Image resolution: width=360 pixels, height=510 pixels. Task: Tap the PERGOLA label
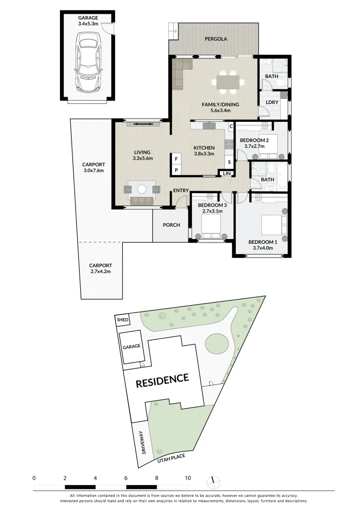coord(214,39)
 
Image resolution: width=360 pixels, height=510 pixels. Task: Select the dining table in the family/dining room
coord(228,81)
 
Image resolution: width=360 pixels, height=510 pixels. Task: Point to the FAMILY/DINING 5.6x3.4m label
coord(220,108)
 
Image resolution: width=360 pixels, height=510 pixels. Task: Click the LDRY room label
coord(272,102)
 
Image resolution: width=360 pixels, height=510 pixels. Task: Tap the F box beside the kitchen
coord(176,159)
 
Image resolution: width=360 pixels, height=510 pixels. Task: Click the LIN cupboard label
coord(227,174)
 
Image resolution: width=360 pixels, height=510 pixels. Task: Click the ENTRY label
coord(181,191)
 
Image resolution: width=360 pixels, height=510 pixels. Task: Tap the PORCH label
coord(171,225)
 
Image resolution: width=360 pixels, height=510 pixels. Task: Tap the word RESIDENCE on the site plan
coord(162,380)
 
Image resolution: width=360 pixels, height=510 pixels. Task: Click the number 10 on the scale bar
coord(188,478)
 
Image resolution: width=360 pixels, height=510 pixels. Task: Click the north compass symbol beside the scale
coord(213,482)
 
